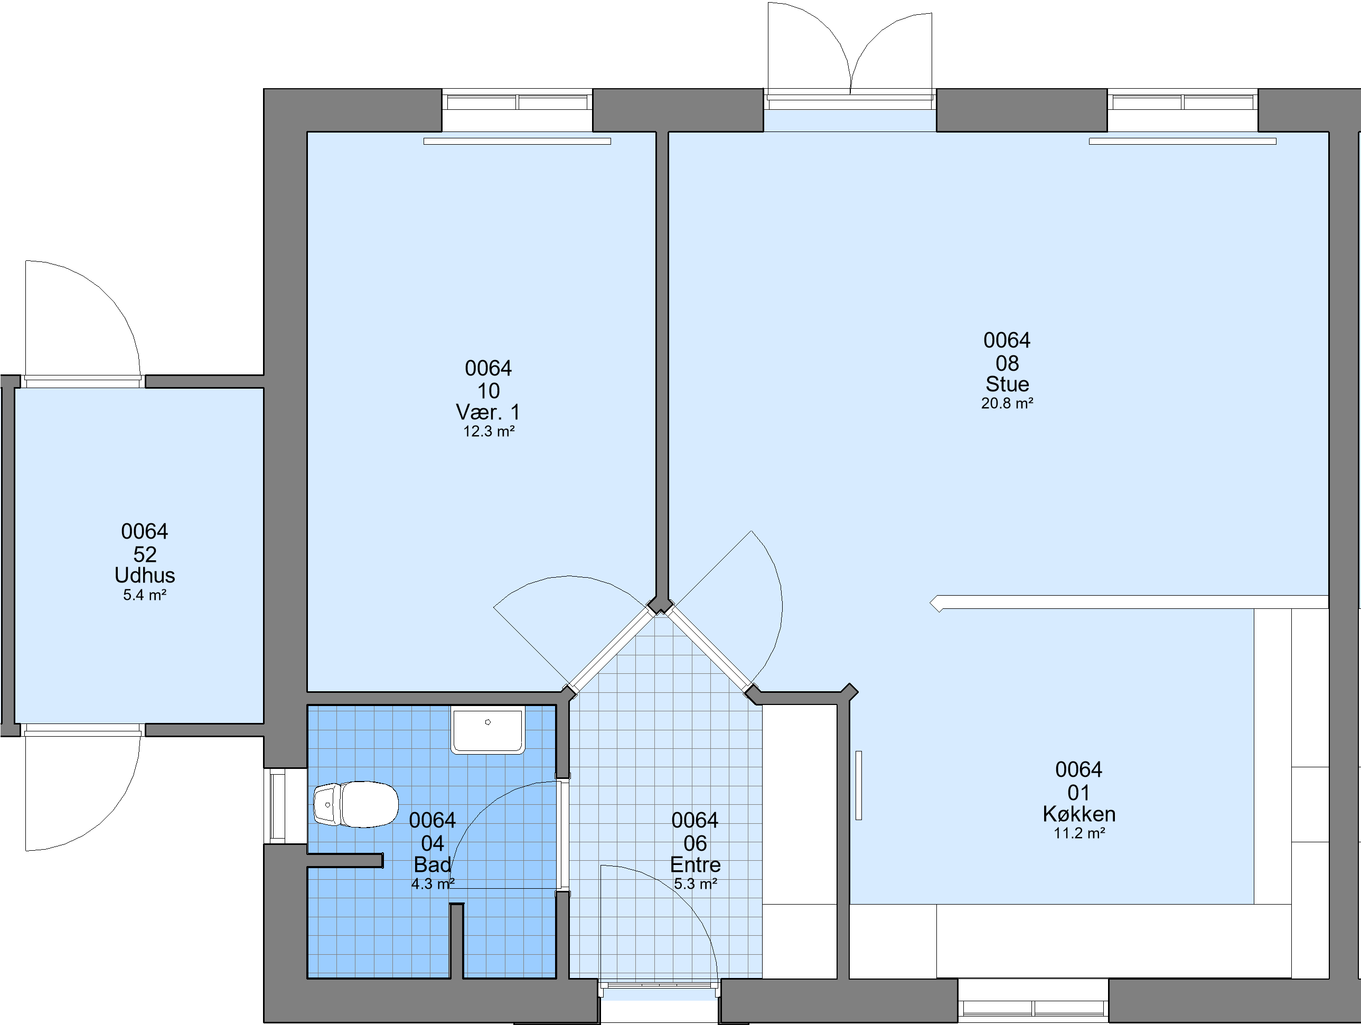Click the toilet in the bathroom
point(355,804)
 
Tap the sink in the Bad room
point(488,730)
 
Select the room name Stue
point(1007,384)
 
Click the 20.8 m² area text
point(1007,403)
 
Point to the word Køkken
point(1079,814)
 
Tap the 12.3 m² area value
point(489,432)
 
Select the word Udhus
point(145,575)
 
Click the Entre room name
point(695,864)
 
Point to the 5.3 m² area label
point(695,884)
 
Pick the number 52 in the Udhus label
point(145,554)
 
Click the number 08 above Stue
point(1007,363)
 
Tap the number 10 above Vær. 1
point(489,391)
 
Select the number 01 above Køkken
point(1078,793)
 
